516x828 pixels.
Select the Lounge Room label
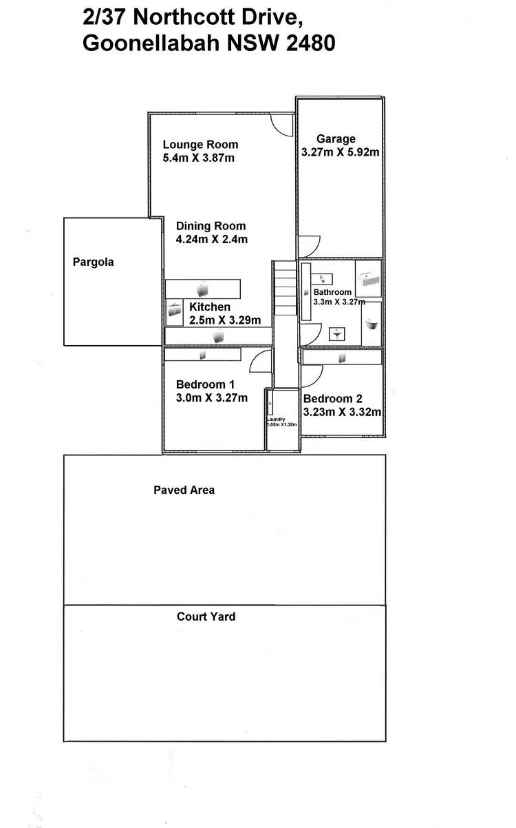[200, 145]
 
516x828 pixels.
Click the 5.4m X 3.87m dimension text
[198, 158]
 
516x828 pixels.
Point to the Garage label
[336, 139]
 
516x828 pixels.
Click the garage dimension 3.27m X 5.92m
[340, 152]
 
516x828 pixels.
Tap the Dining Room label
[211, 226]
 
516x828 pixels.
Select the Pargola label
[93, 262]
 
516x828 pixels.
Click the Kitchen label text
[210, 307]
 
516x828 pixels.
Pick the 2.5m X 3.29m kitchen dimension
[225, 320]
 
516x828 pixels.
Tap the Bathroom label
[332, 292]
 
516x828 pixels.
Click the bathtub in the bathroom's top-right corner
[368, 279]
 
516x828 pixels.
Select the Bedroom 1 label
[205, 384]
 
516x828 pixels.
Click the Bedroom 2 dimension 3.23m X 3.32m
[342, 412]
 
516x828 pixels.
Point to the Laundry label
[276, 418]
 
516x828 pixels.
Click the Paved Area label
[184, 490]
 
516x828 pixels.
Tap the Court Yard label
[206, 617]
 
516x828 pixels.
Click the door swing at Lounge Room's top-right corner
[282, 125]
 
